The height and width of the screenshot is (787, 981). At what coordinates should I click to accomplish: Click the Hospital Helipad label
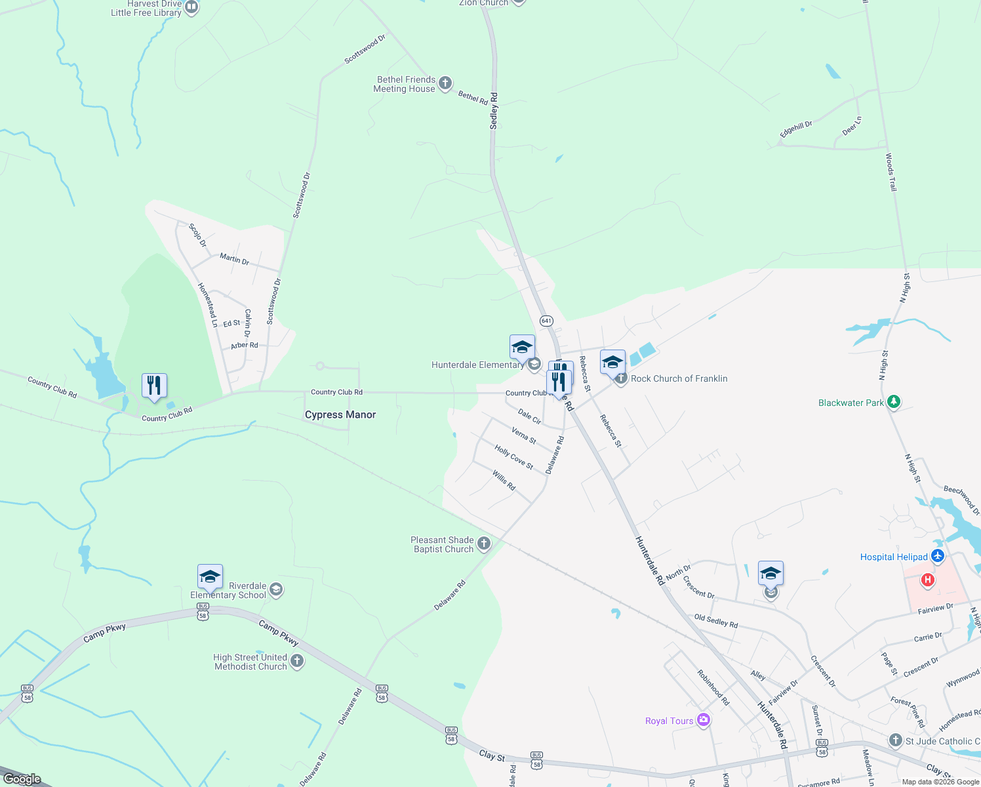(894, 557)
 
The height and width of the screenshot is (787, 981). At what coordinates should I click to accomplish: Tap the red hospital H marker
(927, 580)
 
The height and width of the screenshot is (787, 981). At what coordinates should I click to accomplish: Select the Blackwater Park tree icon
(893, 402)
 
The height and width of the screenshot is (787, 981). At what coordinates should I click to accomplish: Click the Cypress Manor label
(340, 414)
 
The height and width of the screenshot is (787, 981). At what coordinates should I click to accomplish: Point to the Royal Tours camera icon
(704, 721)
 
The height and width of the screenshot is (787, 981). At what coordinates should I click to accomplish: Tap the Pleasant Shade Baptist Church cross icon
(484, 543)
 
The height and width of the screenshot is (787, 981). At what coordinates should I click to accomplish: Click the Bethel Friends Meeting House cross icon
(445, 83)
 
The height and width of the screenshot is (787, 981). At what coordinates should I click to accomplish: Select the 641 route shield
(547, 321)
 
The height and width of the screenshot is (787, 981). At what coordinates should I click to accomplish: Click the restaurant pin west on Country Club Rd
(154, 386)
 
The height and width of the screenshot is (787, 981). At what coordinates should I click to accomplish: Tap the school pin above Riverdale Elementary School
(210, 577)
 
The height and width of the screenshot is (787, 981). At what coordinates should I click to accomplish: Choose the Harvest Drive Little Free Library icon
(191, 8)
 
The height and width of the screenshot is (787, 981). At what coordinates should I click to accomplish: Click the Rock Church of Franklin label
(679, 378)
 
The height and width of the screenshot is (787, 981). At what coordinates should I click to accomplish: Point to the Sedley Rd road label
(494, 110)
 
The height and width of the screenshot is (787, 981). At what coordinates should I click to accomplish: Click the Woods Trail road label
(891, 172)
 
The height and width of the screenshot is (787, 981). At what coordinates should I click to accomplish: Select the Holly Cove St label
(514, 458)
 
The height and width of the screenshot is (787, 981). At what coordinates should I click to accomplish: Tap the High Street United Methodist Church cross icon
(297, 661)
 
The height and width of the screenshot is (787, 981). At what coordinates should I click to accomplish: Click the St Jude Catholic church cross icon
(896, 740)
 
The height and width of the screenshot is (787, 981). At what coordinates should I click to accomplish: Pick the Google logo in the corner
(22, 779)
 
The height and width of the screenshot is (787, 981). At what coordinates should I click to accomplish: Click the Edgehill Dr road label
(796, 129)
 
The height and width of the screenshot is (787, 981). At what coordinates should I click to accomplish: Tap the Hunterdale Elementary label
(477, 365)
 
